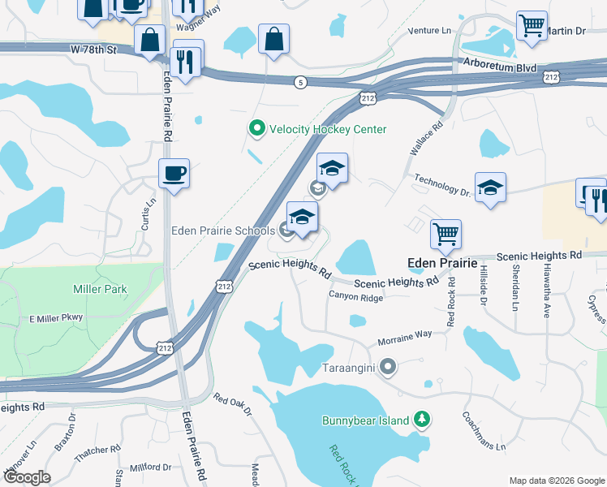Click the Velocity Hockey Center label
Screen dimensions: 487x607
327,129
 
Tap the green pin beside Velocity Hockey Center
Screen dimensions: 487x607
256,128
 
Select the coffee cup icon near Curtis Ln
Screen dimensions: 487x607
174,173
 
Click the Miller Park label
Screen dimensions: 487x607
100,289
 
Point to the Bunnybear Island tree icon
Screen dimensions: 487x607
421,419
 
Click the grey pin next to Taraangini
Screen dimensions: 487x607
387,366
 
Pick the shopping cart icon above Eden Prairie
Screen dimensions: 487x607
446,234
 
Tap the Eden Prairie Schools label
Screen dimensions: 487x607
222,231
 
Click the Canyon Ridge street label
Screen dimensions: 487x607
355,297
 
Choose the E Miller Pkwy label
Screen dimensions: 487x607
56,317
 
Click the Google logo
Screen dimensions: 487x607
26,477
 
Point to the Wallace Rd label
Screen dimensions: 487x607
425,140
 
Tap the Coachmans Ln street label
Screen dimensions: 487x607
484,435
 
